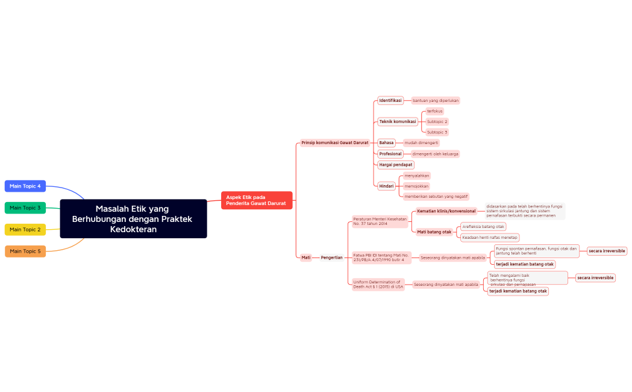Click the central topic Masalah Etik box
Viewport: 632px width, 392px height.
[133, 218]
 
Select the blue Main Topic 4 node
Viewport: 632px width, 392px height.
[25, 186]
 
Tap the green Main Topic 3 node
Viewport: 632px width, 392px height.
[25, 208]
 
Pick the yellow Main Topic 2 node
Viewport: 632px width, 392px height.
[25, 230]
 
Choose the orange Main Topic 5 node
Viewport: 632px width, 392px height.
[25, 251]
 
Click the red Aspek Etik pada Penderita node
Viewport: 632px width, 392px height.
[257, 200]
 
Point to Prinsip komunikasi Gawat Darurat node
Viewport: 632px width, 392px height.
[335, 143]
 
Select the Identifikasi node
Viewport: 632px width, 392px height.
[390, 101]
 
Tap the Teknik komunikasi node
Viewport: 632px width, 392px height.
[398, 122]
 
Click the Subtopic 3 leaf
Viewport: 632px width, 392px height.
[437, 132]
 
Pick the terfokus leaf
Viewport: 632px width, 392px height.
[434, 112]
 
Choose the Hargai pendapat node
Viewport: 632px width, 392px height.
[396, 165]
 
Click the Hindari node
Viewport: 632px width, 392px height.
[386, 186]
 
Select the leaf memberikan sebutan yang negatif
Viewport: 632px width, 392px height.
[436, 197]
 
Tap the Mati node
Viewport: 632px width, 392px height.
[306, 258]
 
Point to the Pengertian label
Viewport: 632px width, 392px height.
[331, 258]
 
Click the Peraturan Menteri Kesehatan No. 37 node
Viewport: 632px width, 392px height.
[380, 221]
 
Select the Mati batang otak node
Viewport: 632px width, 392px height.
[434, 232]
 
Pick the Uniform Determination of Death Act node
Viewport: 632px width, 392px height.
[378, 285]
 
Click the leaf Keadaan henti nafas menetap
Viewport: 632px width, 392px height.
[489, 238]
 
